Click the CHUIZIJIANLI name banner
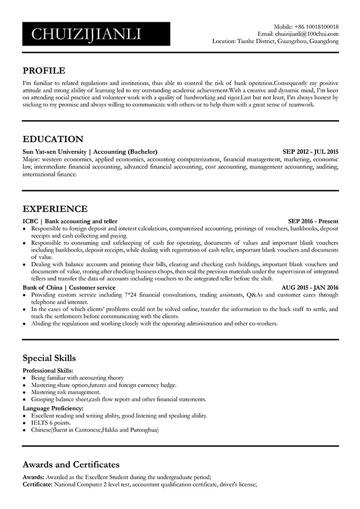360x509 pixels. point(96,34)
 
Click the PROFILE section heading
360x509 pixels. point(44,70)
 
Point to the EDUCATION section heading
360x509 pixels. point(53,139)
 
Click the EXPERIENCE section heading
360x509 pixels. point(55,208)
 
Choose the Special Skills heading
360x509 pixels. point(49,358)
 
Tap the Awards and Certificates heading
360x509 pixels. point(71,465)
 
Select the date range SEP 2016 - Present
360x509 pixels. point(313,221)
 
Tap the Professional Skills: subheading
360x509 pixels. point(48,370)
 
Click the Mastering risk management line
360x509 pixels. point(66,393)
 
